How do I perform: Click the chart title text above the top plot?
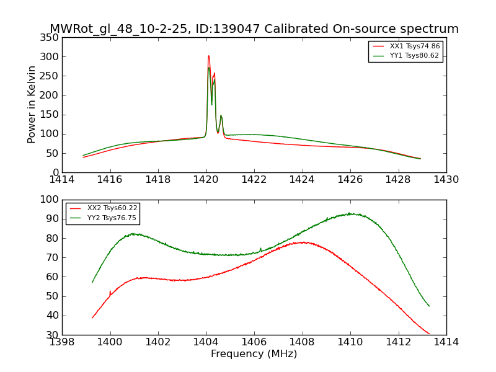[254, 29]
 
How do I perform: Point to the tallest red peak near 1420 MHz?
[208, 56]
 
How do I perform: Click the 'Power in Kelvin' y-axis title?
[32, 105]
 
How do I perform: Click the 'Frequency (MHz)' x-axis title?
[254, 354]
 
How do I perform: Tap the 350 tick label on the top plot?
[51, 38]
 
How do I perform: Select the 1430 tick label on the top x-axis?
[446, 179]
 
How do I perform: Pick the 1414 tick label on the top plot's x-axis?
[62, 179]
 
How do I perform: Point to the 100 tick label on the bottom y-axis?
[51, 200]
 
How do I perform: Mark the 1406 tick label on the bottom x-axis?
[254, 342]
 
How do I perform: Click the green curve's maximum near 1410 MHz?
[350, 213]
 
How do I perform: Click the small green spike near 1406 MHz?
[260, 249]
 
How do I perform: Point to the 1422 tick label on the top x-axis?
[254, 179]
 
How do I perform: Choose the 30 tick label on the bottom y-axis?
[53, 335]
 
